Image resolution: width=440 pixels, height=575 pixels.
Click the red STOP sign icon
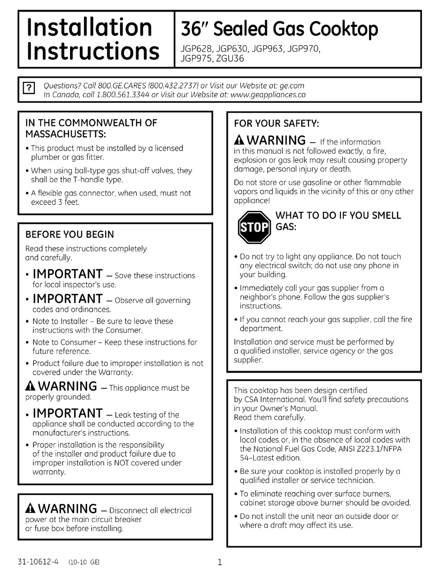253,227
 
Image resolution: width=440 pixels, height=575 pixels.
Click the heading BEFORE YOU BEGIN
69,234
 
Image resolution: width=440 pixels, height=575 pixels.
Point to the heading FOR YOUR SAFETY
277,123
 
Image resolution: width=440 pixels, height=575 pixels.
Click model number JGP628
195,48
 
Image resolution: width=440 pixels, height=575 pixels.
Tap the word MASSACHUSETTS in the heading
65,134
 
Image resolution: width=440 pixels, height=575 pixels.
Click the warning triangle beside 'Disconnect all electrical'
31,509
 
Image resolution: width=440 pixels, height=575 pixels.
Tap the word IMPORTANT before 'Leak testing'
68,413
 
